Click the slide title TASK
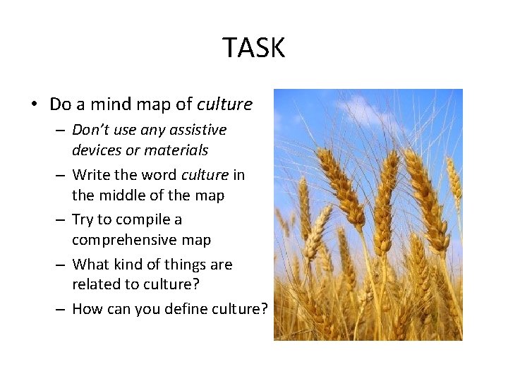coord(254,48)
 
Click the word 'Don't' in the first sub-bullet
coord(90,130)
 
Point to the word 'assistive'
coord(195,130)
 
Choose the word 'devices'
coord(95,150)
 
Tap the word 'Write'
coord(90,174)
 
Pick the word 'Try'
coord(83,219)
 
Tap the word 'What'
coord(90,265)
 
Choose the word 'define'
coord(183,309)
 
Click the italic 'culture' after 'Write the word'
coord(205,174)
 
